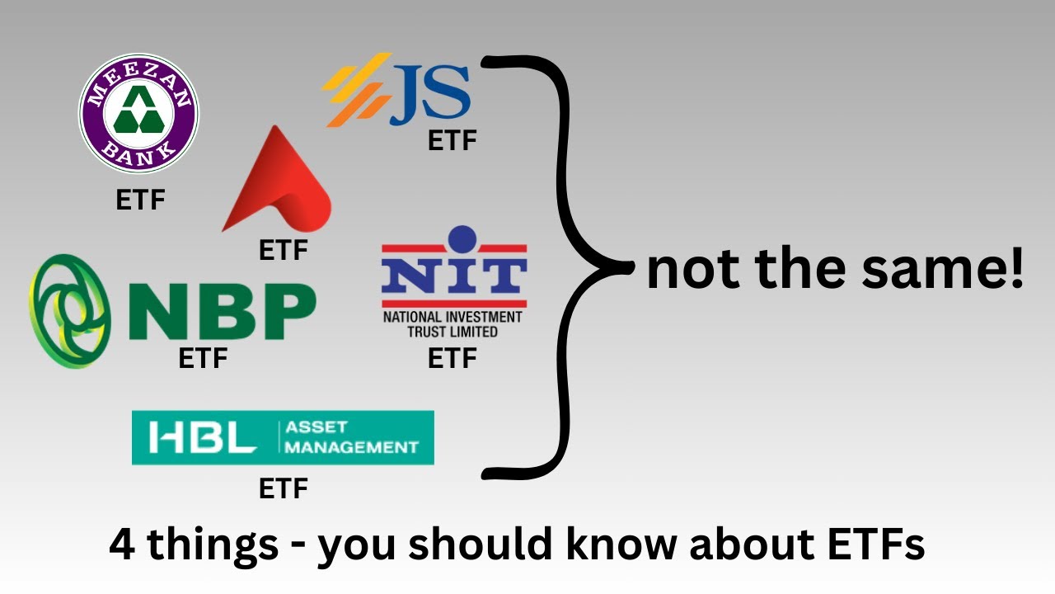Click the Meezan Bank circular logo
click(x=138, y=113)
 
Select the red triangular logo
click(x=277, y=179)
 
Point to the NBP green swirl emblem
click(x=71, y=311)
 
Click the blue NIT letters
click(x=454, y=276)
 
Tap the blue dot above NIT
click(x=462, y=238)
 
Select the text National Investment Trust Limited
click(x=452, y=324)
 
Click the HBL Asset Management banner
click(x=283, y=437)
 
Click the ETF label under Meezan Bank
click(x=140, y=200)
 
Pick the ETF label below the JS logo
click(x=452, y=140)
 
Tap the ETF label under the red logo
click(x=283, y=250)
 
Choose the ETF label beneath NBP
click(x=203, y=358)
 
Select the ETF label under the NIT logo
click(x=452, y=358)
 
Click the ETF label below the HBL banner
click(x=283, y=488)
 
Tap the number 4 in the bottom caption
click(x=122, y=544)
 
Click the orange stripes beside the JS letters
click(x=357, y=90)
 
